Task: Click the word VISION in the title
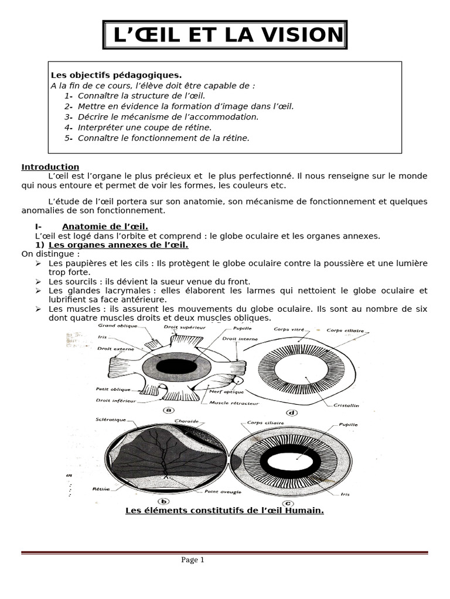point(301,35)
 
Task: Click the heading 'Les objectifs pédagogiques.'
point(117,75)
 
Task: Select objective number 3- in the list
point(69,116)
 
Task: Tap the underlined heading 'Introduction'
point(50,167)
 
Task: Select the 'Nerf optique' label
point(223,393)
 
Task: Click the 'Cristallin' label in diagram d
point(348,405)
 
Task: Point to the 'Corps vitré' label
point(286,329)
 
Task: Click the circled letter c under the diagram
point(273,501)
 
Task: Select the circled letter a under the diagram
point(168,409)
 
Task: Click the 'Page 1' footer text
point(193,560)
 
